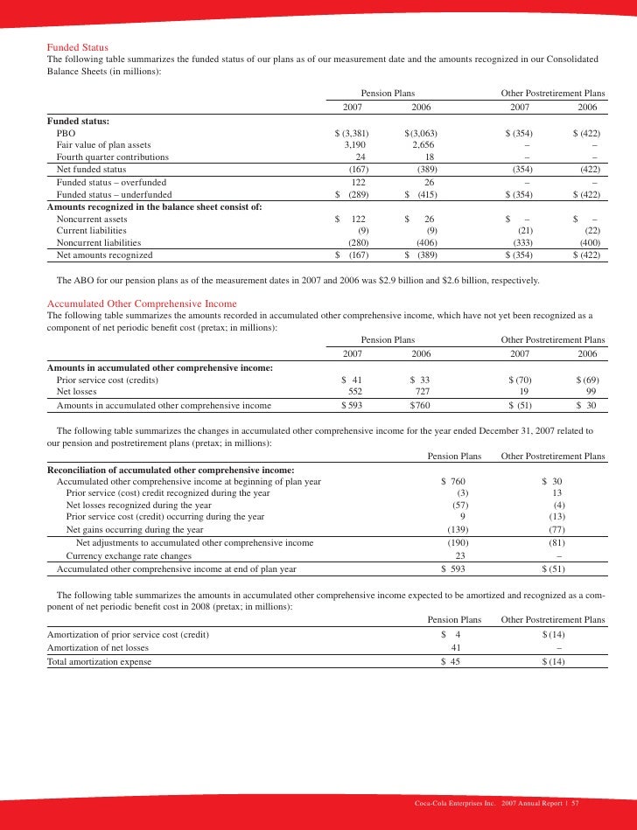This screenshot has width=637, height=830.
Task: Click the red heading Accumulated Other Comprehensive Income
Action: tap(141, 303)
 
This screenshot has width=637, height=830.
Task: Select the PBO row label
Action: tap(65, 132)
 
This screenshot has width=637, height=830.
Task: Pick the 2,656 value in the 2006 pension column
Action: tap(423, 144)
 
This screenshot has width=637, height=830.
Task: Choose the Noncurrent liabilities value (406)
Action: tap(424, 242)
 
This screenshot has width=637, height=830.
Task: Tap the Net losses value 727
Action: tap(424, 393)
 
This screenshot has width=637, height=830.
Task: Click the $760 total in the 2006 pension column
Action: tap(423, 406)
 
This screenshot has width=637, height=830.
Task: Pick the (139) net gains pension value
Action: tap(456, 529)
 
